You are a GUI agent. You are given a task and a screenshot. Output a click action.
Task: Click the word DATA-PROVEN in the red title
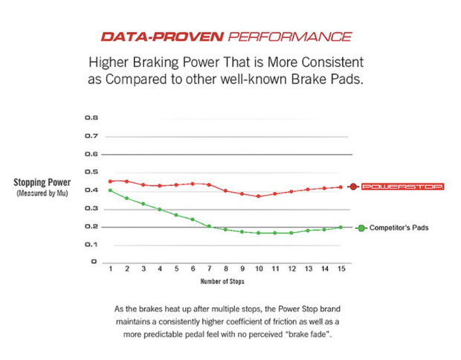point(152,36)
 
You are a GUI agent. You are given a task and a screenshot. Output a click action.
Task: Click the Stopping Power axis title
point(42,182)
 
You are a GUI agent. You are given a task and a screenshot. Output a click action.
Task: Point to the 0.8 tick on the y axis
point(91,118)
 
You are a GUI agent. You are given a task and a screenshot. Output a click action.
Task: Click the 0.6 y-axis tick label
point(91,154)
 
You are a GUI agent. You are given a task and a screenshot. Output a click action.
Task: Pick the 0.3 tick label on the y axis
point(91,208)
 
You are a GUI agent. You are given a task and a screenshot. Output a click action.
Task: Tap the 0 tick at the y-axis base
point(94,262)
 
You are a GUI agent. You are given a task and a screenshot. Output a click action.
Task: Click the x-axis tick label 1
point(111,269)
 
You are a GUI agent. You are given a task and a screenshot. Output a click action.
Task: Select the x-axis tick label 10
point(258,269)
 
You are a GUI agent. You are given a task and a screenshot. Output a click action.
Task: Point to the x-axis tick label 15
point(341,269)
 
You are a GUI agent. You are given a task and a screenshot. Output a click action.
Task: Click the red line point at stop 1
point(111,181)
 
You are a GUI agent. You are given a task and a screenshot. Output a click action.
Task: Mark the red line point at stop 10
point(258,196)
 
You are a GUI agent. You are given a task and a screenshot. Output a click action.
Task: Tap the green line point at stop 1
point(111,190)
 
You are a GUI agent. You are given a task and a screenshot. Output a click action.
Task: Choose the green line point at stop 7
point(209,226)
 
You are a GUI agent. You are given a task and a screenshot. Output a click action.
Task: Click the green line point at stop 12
point(291,233)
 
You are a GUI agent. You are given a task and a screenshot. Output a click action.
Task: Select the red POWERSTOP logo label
point(402,187)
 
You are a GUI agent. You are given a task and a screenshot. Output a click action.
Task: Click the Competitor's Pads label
point(399,228)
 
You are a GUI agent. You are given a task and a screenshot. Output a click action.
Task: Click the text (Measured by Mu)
point(42,193)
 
